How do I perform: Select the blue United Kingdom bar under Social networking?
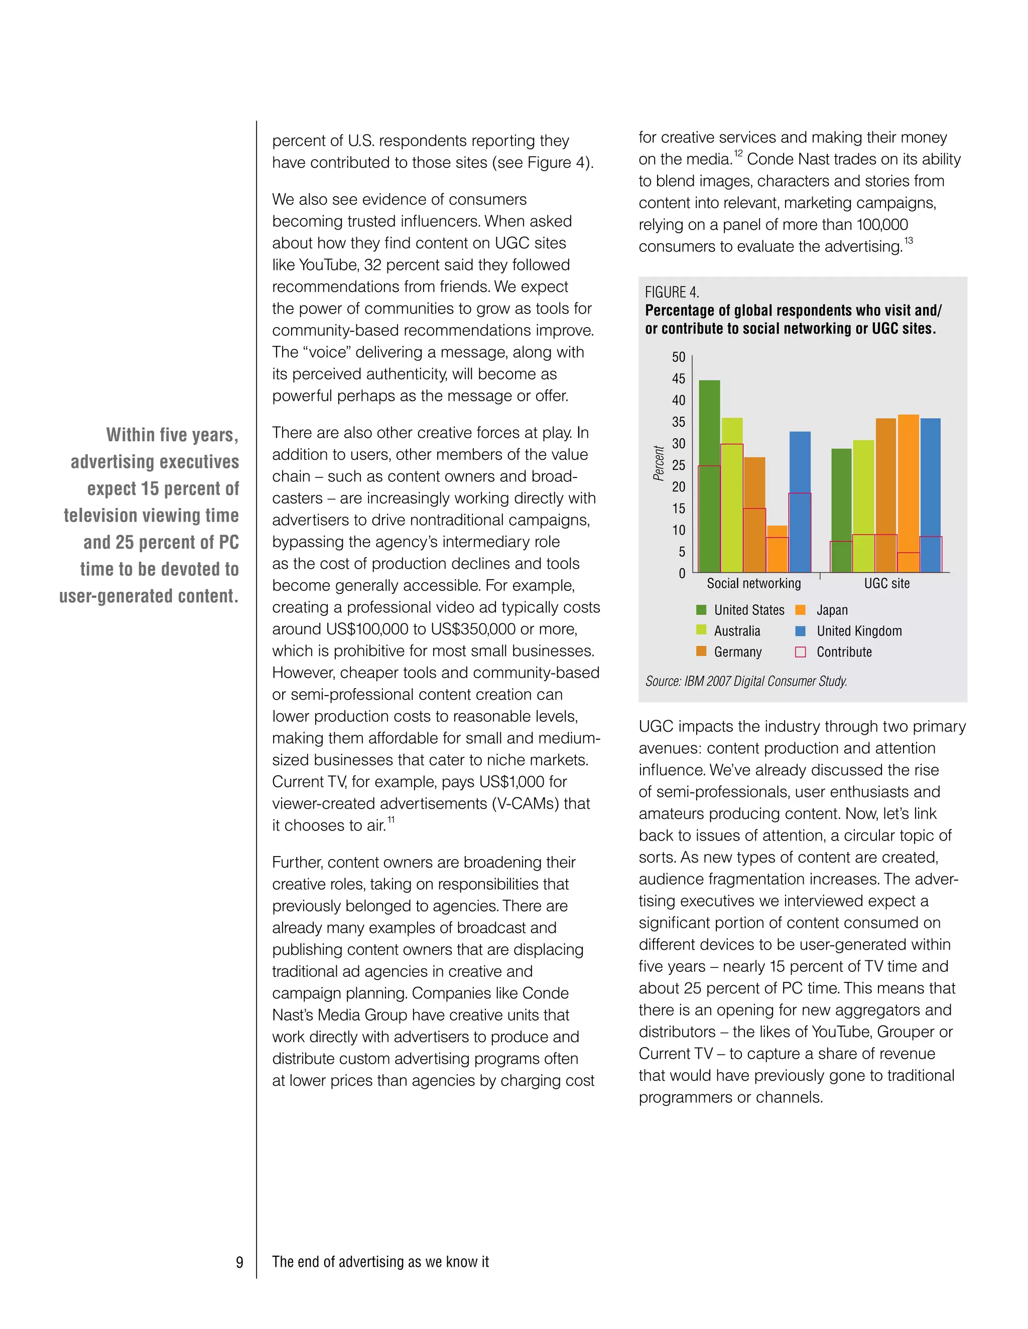(x=800, y=462)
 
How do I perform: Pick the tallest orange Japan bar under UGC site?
(x=908, y=481)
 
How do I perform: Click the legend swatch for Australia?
(x=701, y=630)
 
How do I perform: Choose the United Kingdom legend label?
(x=859, y=630)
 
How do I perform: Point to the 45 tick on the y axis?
(x=679, y=379)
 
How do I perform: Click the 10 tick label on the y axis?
(x=679, y=530)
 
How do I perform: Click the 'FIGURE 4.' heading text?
(x=672, y=292)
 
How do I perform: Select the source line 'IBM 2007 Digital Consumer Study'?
(x=765, y=681)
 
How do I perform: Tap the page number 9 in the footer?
(x=239, y=1262)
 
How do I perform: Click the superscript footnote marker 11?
(x=391, y=819)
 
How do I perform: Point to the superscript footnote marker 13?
(x=908, y=240)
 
